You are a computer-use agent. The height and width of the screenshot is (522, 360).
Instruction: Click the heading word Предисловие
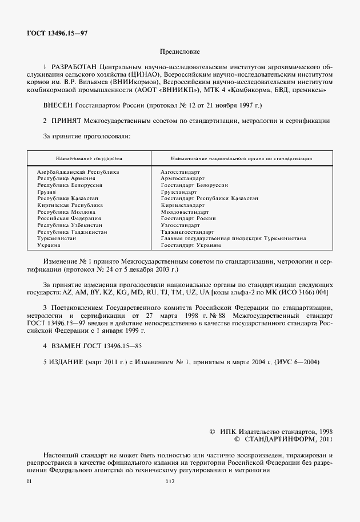pyautogui.click(x=179, y=51)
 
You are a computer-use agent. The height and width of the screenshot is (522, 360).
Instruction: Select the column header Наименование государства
pyautogui.click(x=89, y=158)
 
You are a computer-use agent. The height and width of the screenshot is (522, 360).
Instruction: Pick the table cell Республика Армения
pyautogui.click(x=66, y=178)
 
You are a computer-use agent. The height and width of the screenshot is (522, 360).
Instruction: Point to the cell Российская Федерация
pyautogui.click(x=69, y=218)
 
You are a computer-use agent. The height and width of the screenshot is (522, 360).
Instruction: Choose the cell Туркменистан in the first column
pyautogui.click(x=57, y=238)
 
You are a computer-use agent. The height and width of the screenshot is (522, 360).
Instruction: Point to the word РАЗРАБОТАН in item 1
pyautogui.click(x=73, y=67)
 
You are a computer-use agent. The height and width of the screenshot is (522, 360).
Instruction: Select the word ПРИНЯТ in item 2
pyautogui.click(x=66, y=121)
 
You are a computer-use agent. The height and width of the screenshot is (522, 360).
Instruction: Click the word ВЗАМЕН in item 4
pyautogui.click(x=67, y=346)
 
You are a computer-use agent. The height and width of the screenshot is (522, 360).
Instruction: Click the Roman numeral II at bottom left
pyautogui.click(x=29, y=481)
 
